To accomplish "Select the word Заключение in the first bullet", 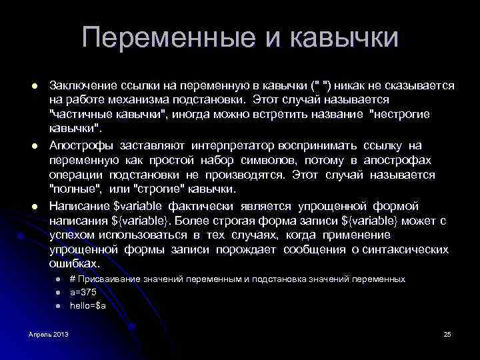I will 83,86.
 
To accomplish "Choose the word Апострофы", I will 82,146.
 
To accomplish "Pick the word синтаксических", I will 404,249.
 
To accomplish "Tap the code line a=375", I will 83,292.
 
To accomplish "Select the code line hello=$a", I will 88,305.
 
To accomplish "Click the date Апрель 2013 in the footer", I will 49,333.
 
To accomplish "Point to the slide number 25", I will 447,333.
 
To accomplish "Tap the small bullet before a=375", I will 58,293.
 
